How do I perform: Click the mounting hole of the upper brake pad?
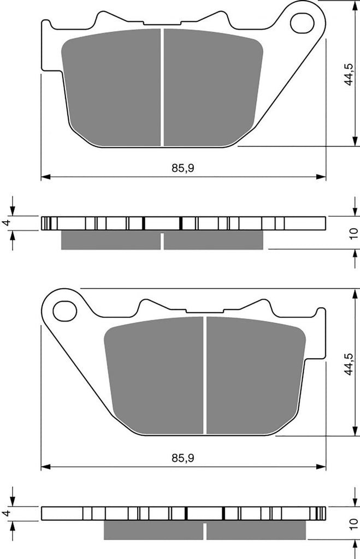302,23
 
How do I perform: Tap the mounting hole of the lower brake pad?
65,311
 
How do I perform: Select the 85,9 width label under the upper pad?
183,168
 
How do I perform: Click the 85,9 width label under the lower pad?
183,458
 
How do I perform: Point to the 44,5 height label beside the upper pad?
349,74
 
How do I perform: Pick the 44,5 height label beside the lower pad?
349,364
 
